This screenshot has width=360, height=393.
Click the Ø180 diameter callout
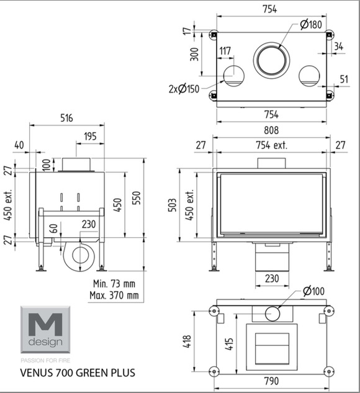(311, 25)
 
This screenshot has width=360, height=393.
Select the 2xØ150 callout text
(184, 89)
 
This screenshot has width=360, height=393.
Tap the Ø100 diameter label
(313, 291)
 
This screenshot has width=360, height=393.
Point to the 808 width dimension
(271, 130)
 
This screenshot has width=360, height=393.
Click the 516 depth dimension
(66, 118)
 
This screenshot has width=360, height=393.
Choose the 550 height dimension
(137, 198)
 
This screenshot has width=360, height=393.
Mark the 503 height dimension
(173, 205)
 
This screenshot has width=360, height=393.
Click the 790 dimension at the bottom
(272, 381)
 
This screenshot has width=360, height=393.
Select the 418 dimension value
(187, 341)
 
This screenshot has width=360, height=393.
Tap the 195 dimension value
(90, 137)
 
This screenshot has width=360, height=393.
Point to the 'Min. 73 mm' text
(114, 284)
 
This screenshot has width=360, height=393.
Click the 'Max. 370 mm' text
(114, 296)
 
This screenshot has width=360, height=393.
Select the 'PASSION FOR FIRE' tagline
(45, 361)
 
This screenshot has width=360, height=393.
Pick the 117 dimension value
(225, 51)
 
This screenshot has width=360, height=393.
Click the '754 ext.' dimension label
(272, 145)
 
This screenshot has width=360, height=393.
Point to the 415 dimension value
(229, 343)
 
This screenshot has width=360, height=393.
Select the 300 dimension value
(194, 54)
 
